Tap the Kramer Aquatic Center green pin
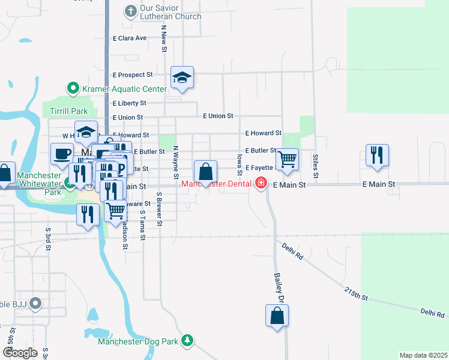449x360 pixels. [x=73, y=89]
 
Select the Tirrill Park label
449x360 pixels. [x=68, y=111]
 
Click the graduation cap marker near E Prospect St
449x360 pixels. [x=182, y=77]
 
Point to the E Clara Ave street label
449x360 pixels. [x=130, y=38]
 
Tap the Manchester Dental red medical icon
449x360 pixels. [x=261, y=183]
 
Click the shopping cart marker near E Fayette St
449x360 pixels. [x=288, y=159]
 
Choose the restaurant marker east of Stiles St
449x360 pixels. [x=377, y=155]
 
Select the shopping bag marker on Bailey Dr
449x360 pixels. [x=277, y=316]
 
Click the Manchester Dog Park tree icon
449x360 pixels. [x=188, y=341]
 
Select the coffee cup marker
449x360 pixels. [x=62, y=154]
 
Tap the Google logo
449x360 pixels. [x=20, y=353]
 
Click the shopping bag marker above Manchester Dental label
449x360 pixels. [x=205, y=171]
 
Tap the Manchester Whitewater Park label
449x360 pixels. [x=39, y=184]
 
